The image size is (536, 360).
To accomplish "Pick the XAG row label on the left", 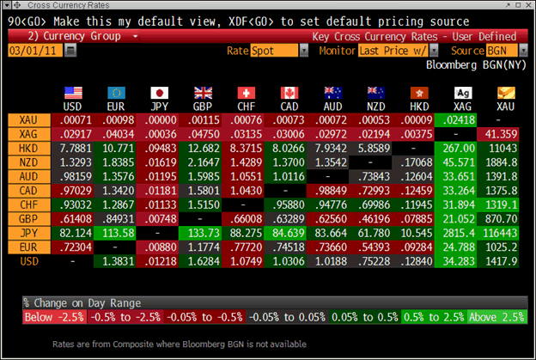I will click(x=26, y=135).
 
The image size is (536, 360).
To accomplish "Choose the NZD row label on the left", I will click(x=26, y=162).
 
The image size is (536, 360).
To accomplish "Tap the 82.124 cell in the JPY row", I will click(x=72, y=232).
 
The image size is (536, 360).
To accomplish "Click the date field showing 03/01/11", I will click(x=34, y=51).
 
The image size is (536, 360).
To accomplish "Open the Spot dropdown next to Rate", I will click(x=278, y=51).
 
